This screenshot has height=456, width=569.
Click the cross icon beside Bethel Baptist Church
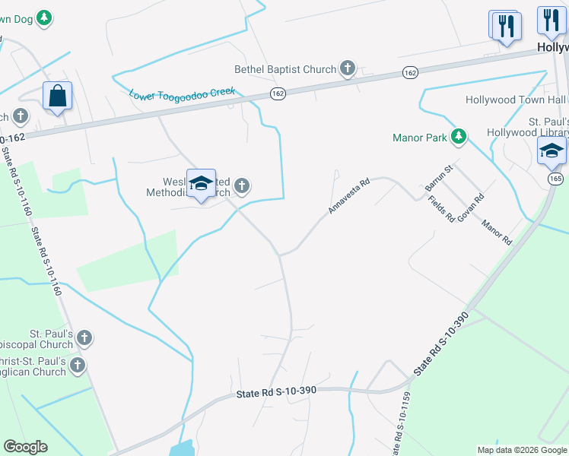(348, 69)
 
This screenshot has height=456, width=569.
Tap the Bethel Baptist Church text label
(285, 69)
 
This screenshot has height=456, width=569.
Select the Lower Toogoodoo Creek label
(182, 95)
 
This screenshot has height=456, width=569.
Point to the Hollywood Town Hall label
(516, 100)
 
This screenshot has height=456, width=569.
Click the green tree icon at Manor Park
(459, 138)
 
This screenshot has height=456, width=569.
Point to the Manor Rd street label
(497, 231)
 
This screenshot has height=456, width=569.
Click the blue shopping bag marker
(57, 97)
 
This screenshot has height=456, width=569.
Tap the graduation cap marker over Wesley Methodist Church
(201, 184)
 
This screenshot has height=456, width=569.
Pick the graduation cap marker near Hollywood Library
(552, 151)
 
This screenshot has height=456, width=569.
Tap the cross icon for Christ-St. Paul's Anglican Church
(77, 366)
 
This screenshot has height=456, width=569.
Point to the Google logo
(25, 447)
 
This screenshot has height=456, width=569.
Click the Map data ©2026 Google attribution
(521, 449)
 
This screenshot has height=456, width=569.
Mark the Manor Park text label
(419, 138)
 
